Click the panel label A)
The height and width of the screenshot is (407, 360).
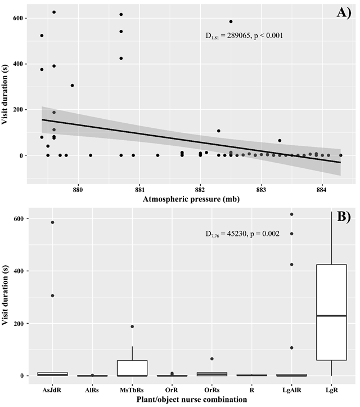tap(344, 13)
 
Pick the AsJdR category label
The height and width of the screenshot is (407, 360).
tap(52, 390)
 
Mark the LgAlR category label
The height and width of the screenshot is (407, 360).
tap(291, 390)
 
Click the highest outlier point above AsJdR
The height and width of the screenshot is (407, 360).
tap(52, 222)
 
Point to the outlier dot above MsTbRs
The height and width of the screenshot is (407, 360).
tap(132, 327)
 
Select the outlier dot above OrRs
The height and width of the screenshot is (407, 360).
tap(211, 359)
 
